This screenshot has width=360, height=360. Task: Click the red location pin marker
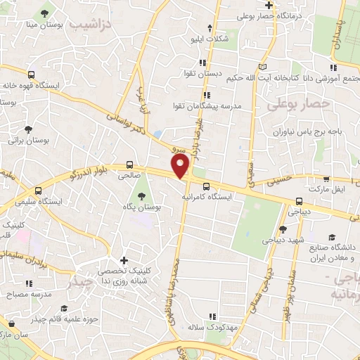coord(181,167)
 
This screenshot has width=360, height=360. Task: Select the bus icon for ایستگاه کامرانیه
coord(206,187)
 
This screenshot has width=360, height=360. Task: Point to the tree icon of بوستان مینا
coord(46,13)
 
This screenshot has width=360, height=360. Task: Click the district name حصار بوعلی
coord(299,103)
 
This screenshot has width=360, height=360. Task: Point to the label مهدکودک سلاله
coord(204,327)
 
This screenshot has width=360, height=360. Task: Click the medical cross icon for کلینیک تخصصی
coord(124,260)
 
